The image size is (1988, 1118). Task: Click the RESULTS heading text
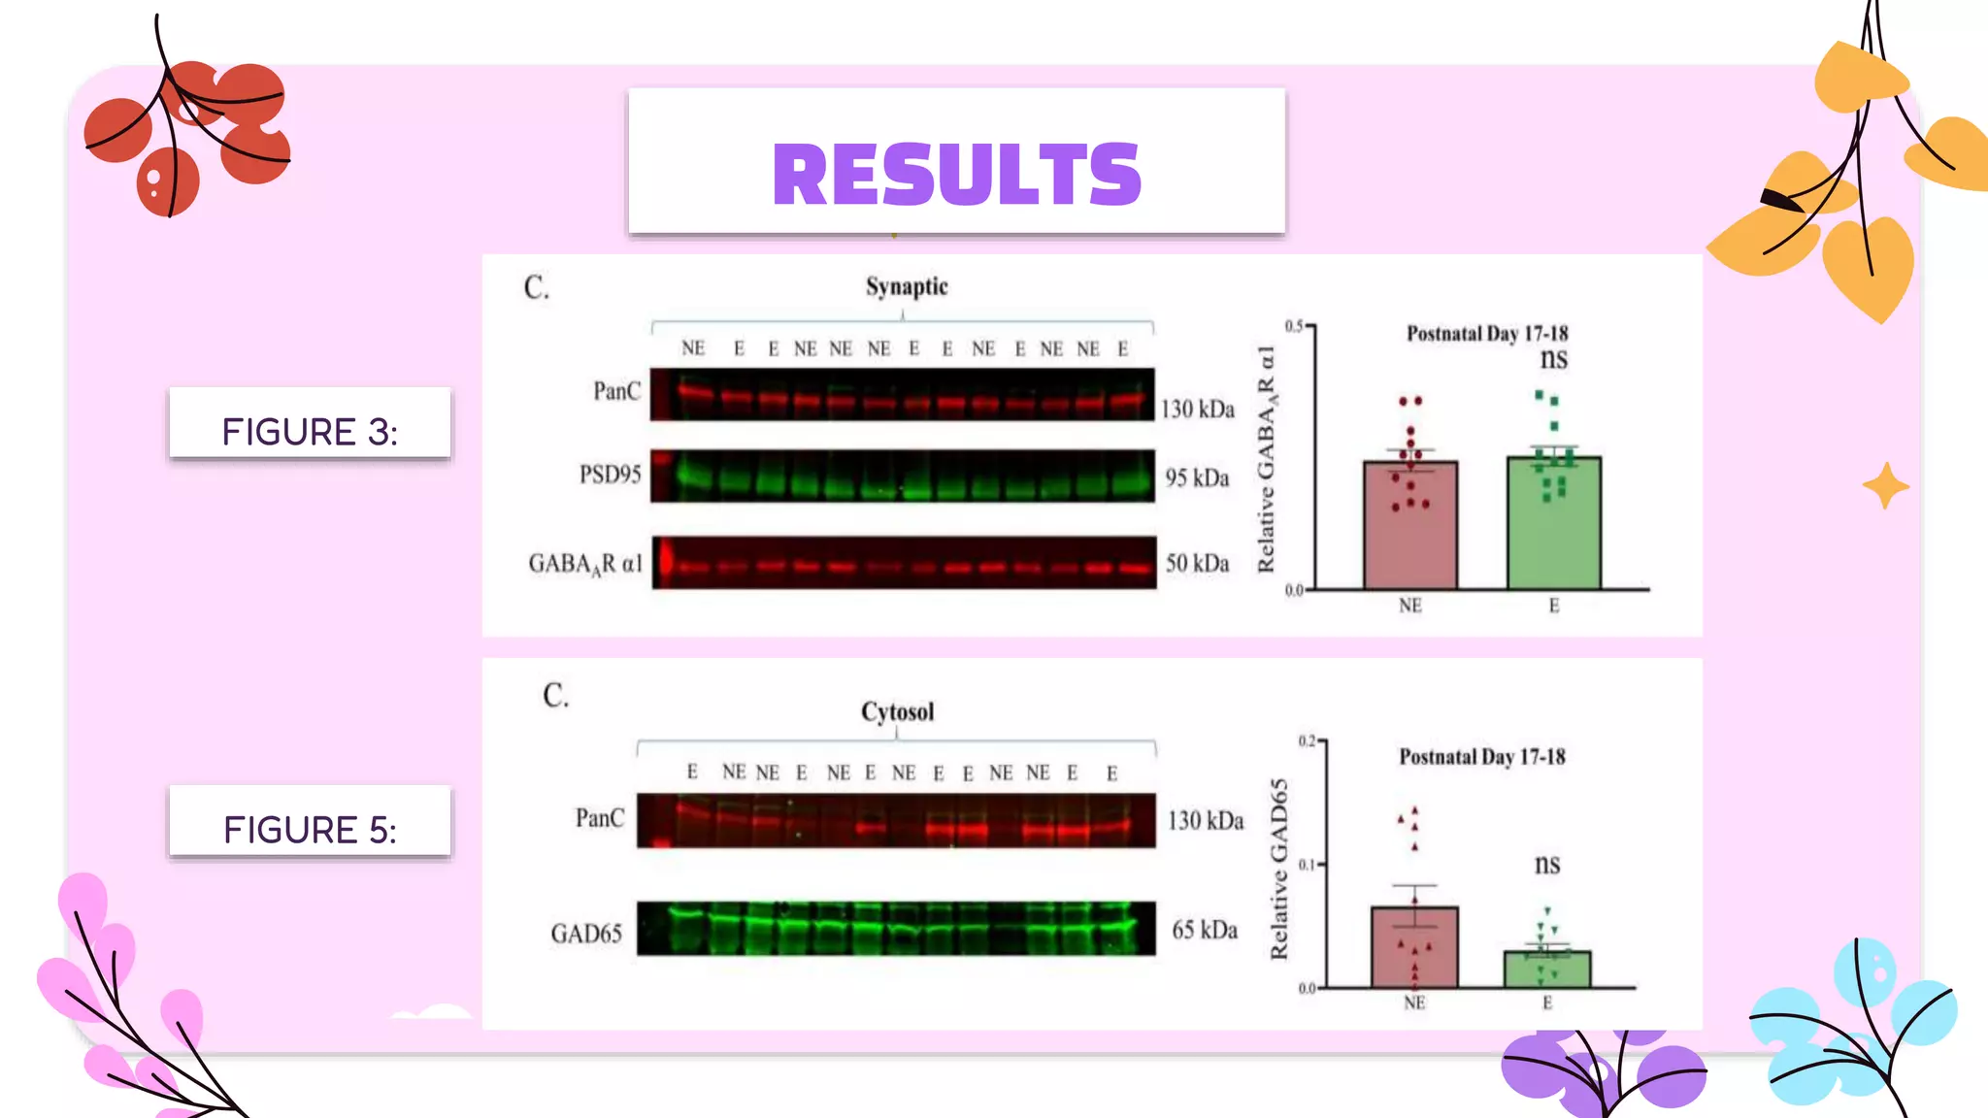click(x=956, y=175)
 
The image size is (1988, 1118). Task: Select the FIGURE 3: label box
click(x=310, y=424)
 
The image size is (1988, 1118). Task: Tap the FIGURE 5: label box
click(x=310, y=823)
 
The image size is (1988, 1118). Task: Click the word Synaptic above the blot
click(x=906, y=286)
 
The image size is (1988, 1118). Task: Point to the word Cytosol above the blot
click(x=897, y=711)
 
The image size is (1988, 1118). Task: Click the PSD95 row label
click(x=610, y=475)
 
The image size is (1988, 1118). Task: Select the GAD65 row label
click(x=585, y=933)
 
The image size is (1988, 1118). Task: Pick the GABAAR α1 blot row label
click(x=585, y=564)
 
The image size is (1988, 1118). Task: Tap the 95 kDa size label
click(x=1196, y=477)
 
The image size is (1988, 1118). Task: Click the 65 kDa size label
click(x=1204, y=930)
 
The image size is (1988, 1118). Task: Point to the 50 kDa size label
click(x=1196, y=563)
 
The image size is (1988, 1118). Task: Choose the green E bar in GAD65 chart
click(x=1546, y=970)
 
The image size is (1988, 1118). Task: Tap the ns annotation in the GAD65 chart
click(x=1546, y=863)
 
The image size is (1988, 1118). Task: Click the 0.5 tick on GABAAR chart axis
click(x=1294, y=326)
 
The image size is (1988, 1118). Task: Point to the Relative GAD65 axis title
click(x=1278, y=869)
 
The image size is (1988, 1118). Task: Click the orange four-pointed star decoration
click(x=1885, y=485)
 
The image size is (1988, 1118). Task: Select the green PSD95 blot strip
click(x=903, y=477)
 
